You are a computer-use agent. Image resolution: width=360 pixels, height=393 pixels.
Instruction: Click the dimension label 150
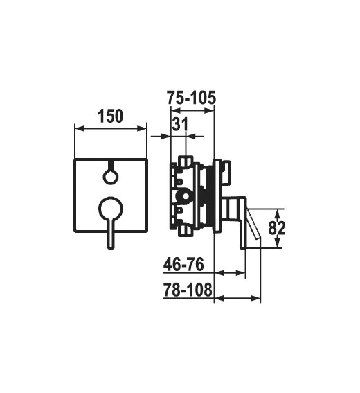coord(111,116)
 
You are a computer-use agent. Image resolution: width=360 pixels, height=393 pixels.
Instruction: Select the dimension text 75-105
coord(191,98)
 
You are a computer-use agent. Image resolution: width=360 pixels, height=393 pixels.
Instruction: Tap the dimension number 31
coord(180,124)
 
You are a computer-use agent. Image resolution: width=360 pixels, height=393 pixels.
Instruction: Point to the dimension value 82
coord(277,228)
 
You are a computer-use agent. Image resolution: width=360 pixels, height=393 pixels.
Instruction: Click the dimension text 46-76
coord(183,264)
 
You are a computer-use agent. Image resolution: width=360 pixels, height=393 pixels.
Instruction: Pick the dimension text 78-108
coord(188,290)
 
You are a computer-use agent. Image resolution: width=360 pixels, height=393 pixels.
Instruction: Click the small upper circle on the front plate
coord(111,177)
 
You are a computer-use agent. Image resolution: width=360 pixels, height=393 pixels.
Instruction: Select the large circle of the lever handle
coord(111,209)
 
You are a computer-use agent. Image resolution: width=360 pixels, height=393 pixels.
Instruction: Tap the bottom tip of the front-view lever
coord(111,247)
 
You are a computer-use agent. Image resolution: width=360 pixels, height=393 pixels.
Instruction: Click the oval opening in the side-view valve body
coord(186,196)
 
